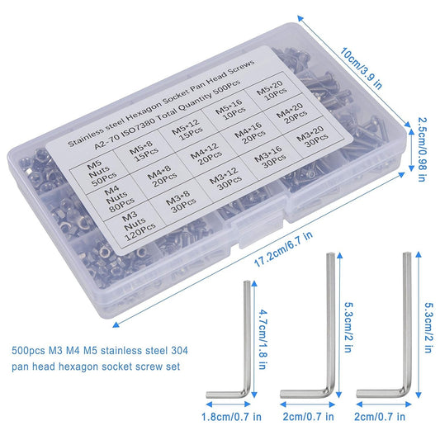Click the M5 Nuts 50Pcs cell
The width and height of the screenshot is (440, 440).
click(x=101, y=172)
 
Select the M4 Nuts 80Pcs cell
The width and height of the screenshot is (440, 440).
click(x=119, y=197)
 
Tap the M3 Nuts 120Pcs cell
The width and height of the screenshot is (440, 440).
click(x=138, y=225)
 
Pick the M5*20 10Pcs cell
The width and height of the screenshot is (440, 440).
click(x=271, y=90)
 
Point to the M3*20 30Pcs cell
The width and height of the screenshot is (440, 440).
click(x=312, y=137)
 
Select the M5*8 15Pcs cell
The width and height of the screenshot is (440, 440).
click(x=143, y=151)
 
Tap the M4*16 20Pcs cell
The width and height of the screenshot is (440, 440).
click(x=250, y=133)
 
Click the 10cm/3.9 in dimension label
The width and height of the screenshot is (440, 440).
click(x=361, y=69)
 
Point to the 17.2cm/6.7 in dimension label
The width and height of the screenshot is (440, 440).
click(x=283, y=248)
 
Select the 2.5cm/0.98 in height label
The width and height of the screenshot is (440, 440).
click(x=422, y=149)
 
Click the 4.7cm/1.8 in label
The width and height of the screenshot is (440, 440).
click(x=263, y=339)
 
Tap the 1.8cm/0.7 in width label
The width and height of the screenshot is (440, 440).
click(x=231, y=417)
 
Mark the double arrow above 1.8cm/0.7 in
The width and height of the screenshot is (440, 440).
click(x=228, y=404)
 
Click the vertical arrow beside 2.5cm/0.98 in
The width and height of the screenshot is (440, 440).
click(x=411, y=149)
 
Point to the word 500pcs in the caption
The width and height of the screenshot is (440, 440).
click(x=28, y=351)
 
